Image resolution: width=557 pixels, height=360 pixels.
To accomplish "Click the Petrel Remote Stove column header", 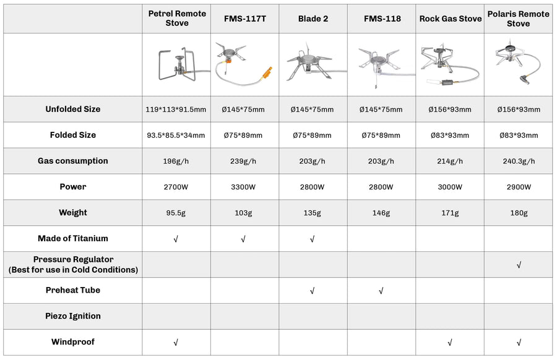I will point(177,19).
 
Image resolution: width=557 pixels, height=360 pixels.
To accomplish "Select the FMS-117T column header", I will point(244,19).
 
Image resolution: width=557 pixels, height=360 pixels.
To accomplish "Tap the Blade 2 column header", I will point(313,19).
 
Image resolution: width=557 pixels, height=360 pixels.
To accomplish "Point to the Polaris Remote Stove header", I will point(518,19).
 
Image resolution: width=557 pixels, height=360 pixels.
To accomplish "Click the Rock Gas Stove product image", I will point(449,65).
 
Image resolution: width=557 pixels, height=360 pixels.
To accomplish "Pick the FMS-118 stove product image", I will point(381,65).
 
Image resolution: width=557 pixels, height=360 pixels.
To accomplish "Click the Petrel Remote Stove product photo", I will point(177,65).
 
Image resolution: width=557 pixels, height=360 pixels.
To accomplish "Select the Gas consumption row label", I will point(72,161).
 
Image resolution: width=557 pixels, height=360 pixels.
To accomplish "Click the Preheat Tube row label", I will point(72,290).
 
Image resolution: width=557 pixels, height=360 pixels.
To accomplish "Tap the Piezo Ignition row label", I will point(72,316).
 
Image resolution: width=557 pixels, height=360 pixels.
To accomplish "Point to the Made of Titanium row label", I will point(72,238).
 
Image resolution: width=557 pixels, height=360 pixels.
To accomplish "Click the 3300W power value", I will point(244,187).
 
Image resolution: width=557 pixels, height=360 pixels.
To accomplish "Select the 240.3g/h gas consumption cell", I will point(518,161).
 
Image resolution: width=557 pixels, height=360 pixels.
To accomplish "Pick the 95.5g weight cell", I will point(177,213).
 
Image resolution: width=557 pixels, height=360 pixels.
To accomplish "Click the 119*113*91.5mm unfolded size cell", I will point(177,109).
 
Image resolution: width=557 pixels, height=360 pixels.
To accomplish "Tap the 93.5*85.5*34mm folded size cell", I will point(177,135).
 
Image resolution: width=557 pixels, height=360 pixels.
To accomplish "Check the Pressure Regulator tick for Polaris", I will point(519,265).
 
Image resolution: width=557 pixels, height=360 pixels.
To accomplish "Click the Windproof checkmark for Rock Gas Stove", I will point(450,342).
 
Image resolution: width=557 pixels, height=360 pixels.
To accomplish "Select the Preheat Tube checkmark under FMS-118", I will point(381,291).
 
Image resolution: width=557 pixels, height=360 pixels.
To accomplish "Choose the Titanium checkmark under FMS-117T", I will point(244,239).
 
